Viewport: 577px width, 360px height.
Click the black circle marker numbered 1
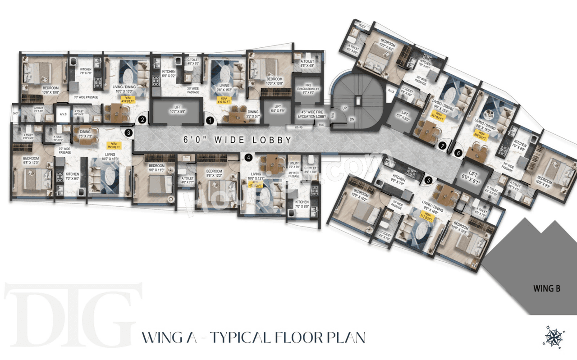[x=210, y=120]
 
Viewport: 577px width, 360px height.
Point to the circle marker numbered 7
[x=443, y=146]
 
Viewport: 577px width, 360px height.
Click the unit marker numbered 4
[x=248, y=157]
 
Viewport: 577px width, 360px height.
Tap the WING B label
[x=546, y=289]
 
